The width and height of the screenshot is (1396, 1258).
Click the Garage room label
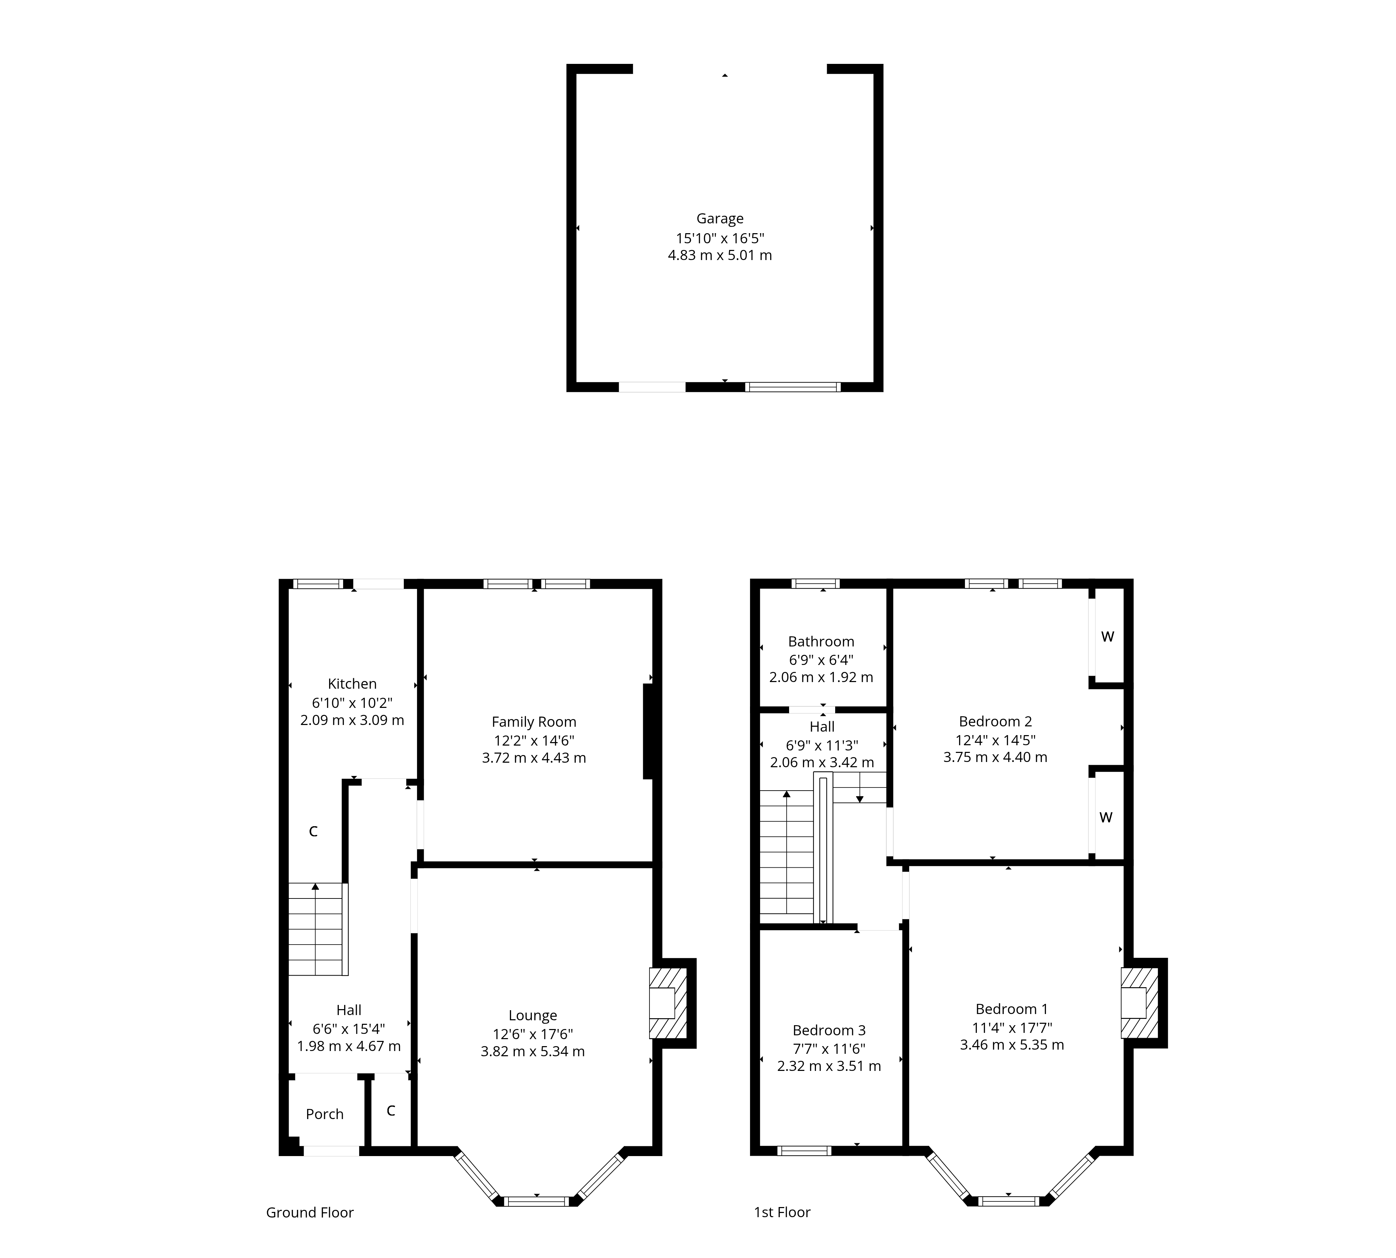719,219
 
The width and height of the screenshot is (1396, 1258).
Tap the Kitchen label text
352,683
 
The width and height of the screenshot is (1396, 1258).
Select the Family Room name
534,721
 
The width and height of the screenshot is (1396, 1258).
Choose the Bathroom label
821,642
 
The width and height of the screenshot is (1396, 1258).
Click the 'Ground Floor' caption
310,1212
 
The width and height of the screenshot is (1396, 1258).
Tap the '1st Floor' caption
782,1212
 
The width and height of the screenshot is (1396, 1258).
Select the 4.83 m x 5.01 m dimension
719,255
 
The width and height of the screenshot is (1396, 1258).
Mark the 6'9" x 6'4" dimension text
821,659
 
